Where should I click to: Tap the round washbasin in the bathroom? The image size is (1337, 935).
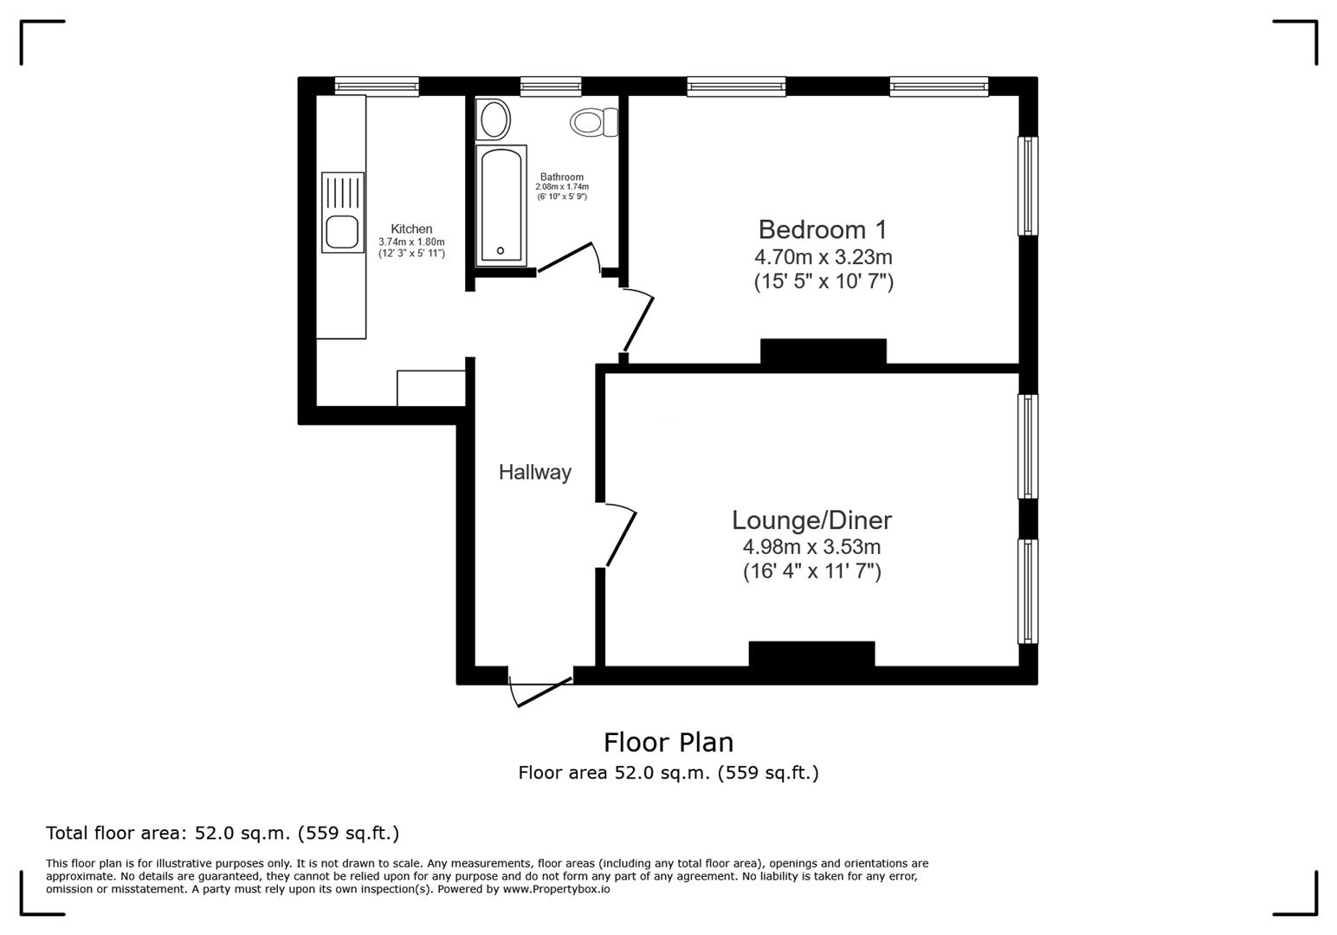[494, 120]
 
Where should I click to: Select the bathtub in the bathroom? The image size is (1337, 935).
[501, 206]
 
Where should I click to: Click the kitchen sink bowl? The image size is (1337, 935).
[342, 232]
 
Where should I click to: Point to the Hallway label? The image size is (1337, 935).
[534, 472]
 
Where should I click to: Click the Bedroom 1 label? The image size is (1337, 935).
[823, 229]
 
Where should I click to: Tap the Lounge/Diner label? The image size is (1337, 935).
[811, 520]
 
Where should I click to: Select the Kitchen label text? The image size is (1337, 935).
[411, 229]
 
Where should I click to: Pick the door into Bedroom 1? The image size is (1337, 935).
[639, 321]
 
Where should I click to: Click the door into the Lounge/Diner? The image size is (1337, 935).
[622, 538]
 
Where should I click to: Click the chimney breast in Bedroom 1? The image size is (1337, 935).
[823, 351]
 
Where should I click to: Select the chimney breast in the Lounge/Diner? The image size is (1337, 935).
[811, 654]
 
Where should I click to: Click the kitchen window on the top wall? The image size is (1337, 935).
[377, 85]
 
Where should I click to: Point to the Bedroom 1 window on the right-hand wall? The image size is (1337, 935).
[1027, 186]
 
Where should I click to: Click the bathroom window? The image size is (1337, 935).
[551, 85]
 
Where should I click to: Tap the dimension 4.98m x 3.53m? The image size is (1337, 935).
[811, 547]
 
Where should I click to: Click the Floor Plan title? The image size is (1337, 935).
[668, 742]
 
